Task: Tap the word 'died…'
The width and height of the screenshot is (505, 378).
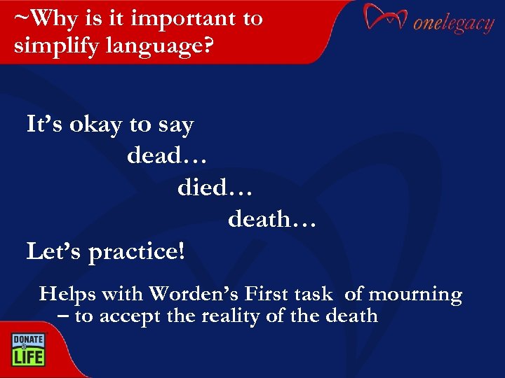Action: click(214, 188)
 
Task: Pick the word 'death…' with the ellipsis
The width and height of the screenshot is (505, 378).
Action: click(272, 220)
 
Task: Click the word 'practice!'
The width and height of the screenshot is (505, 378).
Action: click(137, 252)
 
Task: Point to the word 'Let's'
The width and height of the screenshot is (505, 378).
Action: click(54, 251)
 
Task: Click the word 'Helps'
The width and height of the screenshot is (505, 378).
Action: click(67, 294)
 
